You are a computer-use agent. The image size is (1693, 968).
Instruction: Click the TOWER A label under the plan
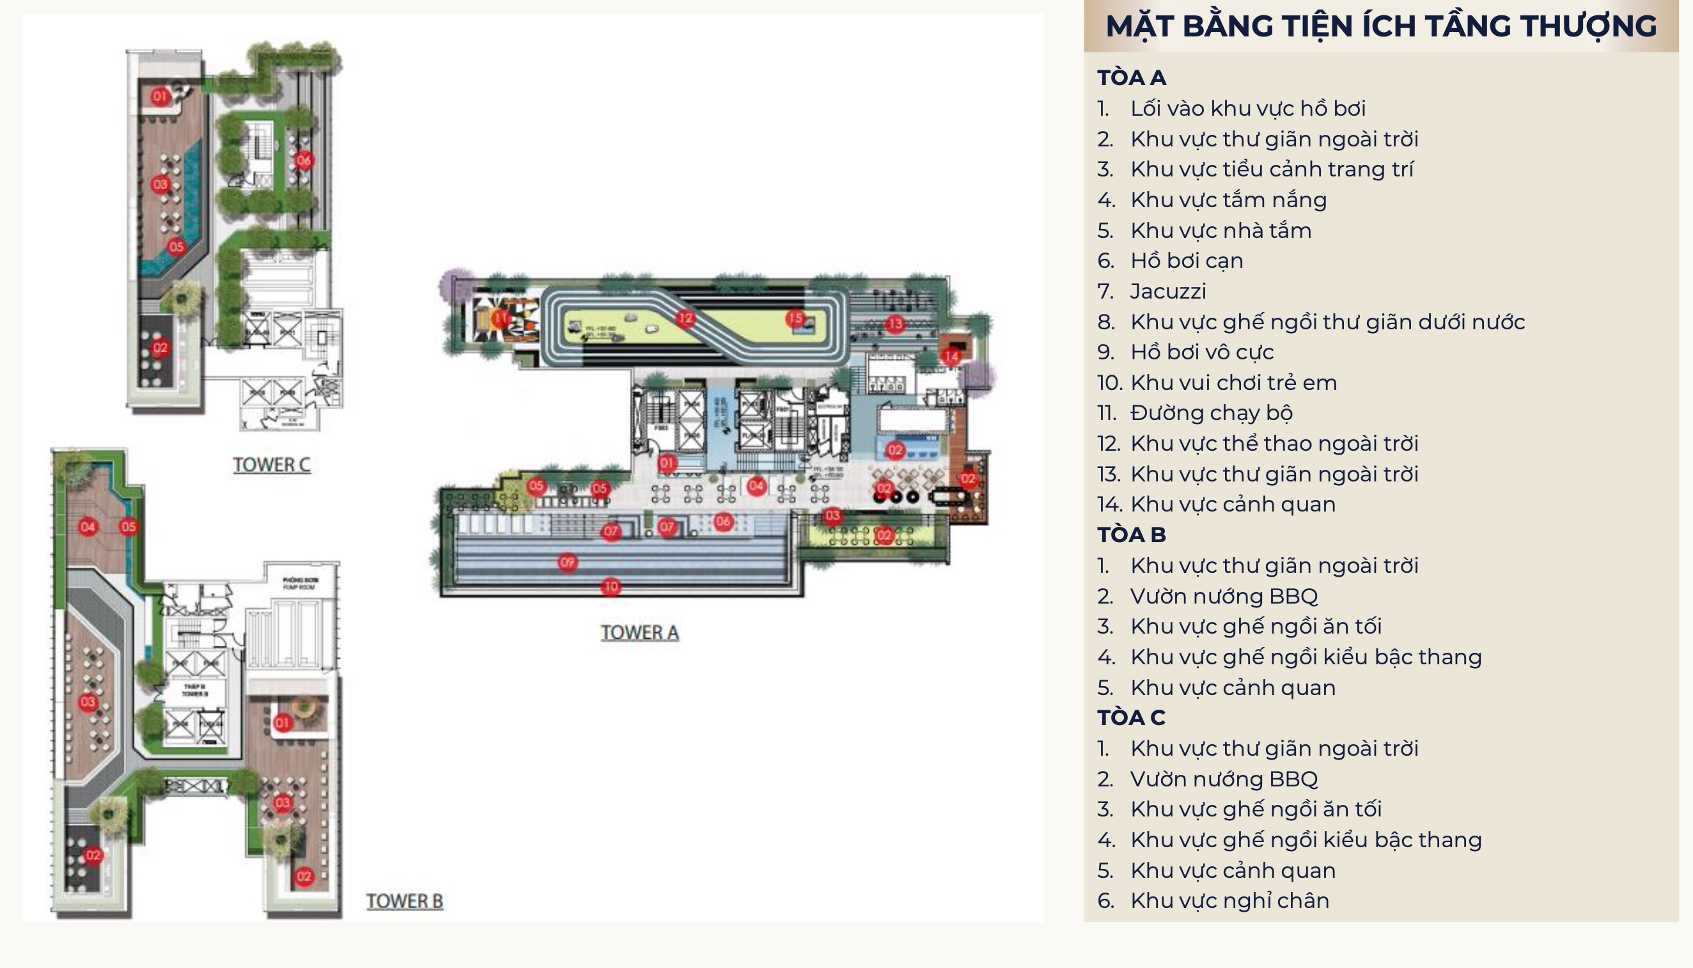click(x=639, y=632)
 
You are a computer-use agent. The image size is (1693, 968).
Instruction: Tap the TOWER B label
click(x=404, y=901)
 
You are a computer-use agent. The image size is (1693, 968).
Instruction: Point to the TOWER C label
click(x=271, y=465)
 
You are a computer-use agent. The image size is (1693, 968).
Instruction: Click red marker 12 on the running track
click(x=685, y=318)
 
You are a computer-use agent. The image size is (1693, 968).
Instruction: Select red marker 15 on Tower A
click(x=795, y=318)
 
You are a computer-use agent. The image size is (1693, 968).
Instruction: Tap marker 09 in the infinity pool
click(x=567, y=563)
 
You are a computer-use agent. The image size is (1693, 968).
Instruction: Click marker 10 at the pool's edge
click(x=611, y=586)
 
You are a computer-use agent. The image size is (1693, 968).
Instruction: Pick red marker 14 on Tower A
click(x=951, y=355)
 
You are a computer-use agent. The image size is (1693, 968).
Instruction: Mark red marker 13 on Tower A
click(x=895, y=324)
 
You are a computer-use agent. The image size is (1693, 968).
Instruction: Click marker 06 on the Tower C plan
click(x=304, y=160)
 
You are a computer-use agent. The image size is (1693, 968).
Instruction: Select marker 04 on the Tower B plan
click(x=88, y=527)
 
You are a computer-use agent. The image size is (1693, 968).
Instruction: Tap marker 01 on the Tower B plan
click(x=283, y=722)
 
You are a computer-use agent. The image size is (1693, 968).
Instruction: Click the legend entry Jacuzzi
click(x=1168, y=291)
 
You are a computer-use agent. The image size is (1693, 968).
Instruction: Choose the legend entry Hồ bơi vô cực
click(x=1202, y=352)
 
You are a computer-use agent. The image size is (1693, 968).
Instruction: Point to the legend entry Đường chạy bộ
click(x=1211, y=413)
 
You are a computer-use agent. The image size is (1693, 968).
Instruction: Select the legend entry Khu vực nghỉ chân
click(x=1229, y=900)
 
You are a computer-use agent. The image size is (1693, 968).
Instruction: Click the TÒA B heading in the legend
click(x=1131, y=535)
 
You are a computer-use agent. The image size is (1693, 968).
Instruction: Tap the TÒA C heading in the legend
click(x=1131, y=717)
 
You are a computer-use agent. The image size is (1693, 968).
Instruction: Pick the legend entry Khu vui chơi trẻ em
click(x=1233, y=382)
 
